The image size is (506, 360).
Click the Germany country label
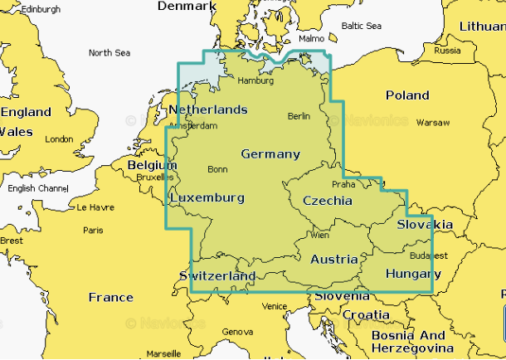[x=270, y=154]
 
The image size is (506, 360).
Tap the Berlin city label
[x=298, y=116]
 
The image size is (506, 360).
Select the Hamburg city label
[x=255, y=80]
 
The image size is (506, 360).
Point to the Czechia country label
[x=327, y=201]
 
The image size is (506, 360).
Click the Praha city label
[x=343, y=184]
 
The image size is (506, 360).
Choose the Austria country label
[x=333, y=260]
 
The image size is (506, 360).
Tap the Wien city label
[x=319, y=236]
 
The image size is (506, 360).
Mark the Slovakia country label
[x=424, y=225]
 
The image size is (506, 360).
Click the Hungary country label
[x=413, y=274]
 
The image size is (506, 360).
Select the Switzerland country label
[x=217, y=275]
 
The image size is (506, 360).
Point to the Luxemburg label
[x=207, y=198]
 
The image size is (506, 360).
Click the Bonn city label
[x=217, y=169]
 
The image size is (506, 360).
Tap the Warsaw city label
[x=432, y=122]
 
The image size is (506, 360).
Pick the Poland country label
[x=406, y=95]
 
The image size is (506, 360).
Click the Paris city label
[x=93, y=230]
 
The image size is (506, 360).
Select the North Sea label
[x=109, y=53]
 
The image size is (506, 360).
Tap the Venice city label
[x=274, y=306]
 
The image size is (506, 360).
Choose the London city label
[x=59, y=139]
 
